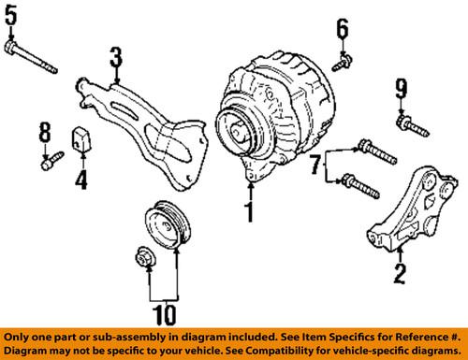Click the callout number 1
250,212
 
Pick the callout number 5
10,16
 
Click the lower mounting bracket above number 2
402,220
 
